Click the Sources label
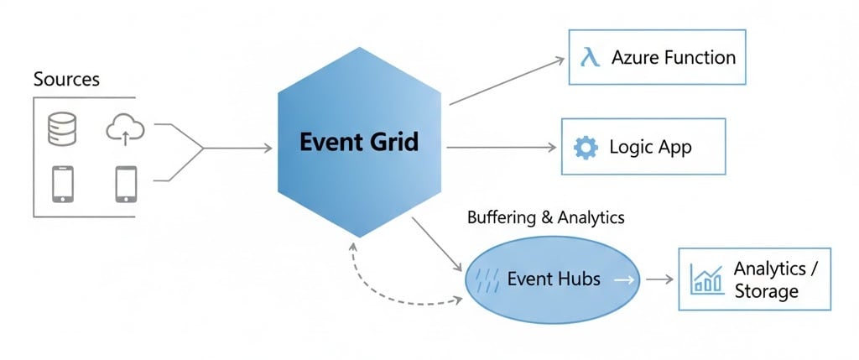pos(66,80)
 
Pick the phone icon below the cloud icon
pos(126,184)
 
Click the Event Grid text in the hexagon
pos(358,142)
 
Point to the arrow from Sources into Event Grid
pos(239,149)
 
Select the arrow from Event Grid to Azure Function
pos(507,81)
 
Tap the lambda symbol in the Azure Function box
pos(590,58)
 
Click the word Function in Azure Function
pos(696,58)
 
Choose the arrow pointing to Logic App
pos(503,148)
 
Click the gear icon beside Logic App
pos(585,148)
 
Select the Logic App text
pos(650,148)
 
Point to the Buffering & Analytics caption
pos(545,217)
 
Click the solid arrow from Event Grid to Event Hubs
pos(437,244)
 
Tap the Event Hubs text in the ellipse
pos(554,279)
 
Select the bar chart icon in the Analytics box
pos(707,279)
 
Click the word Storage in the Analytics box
pos(767,292)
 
